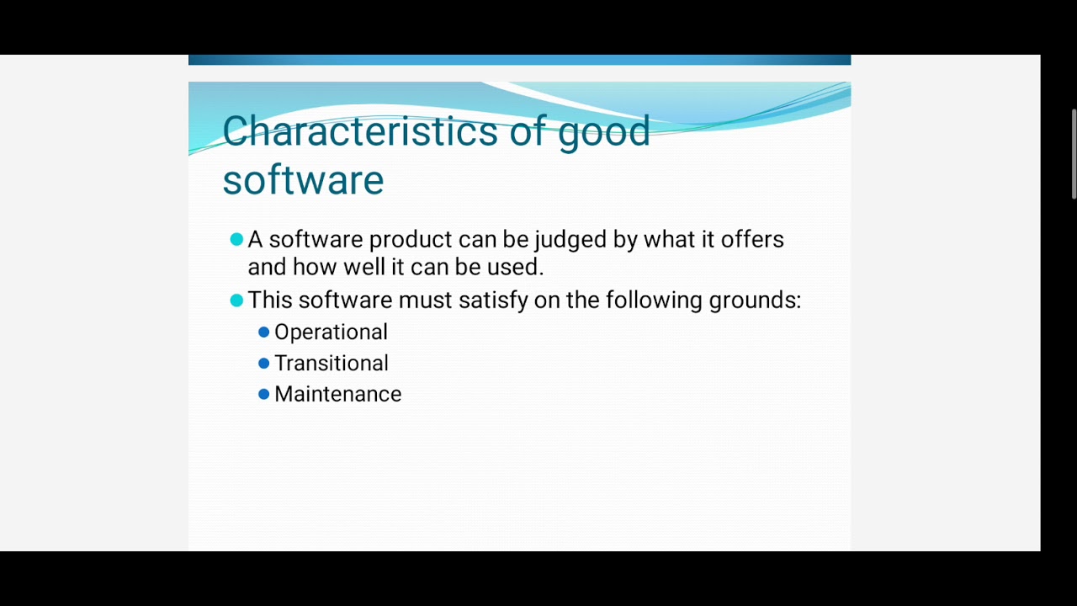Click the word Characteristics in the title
click(x=359, y=132)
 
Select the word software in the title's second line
click(x=303, y=180)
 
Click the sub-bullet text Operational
click(x=331, y=332)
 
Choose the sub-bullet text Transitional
click(x=331, y=364)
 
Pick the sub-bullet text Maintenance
click(x=337, y=395)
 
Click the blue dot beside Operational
click(x=263, y=332)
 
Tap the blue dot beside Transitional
click(x=263, y=364)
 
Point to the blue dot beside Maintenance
click(x=263, y=394)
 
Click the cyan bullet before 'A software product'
click(x=236, y=240)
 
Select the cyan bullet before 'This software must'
click(x=236, y=300)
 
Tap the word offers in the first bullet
click(x=751, y=240)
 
